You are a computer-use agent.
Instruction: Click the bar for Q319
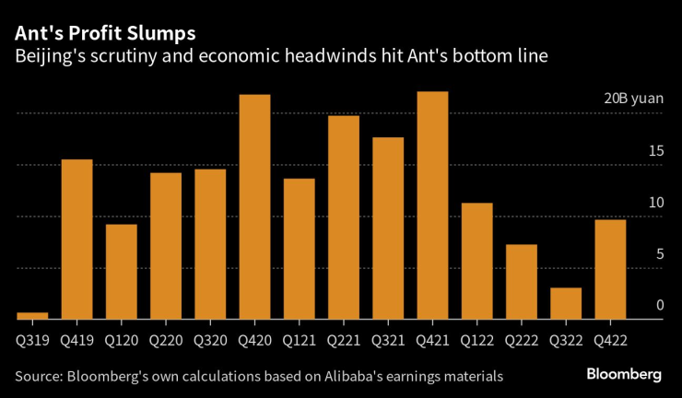pos(32,316)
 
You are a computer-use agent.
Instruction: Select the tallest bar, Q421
pos(432,205)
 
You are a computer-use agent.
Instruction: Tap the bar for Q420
pos(254,207)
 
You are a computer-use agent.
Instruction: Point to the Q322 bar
pos(566,303)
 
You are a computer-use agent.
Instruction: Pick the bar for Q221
pos(344,217)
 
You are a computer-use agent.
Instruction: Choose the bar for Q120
pos(121,272)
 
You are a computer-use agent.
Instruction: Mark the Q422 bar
pos(610,269)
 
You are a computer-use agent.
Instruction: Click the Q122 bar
pos(476,261)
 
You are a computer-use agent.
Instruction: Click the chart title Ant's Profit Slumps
pos(104,33)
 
